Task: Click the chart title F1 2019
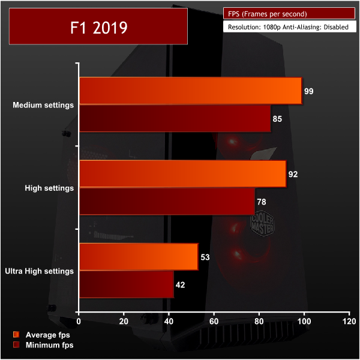97,28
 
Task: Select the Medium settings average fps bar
190,91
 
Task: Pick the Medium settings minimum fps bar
175,118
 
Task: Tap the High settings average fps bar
182,174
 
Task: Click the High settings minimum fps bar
166,201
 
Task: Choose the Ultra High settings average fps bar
138,257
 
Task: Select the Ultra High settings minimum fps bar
126,284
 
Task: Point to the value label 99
309,91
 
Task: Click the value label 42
180,285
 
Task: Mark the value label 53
205,257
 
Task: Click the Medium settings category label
43,105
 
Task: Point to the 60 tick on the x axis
214,322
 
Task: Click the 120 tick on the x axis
348,322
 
